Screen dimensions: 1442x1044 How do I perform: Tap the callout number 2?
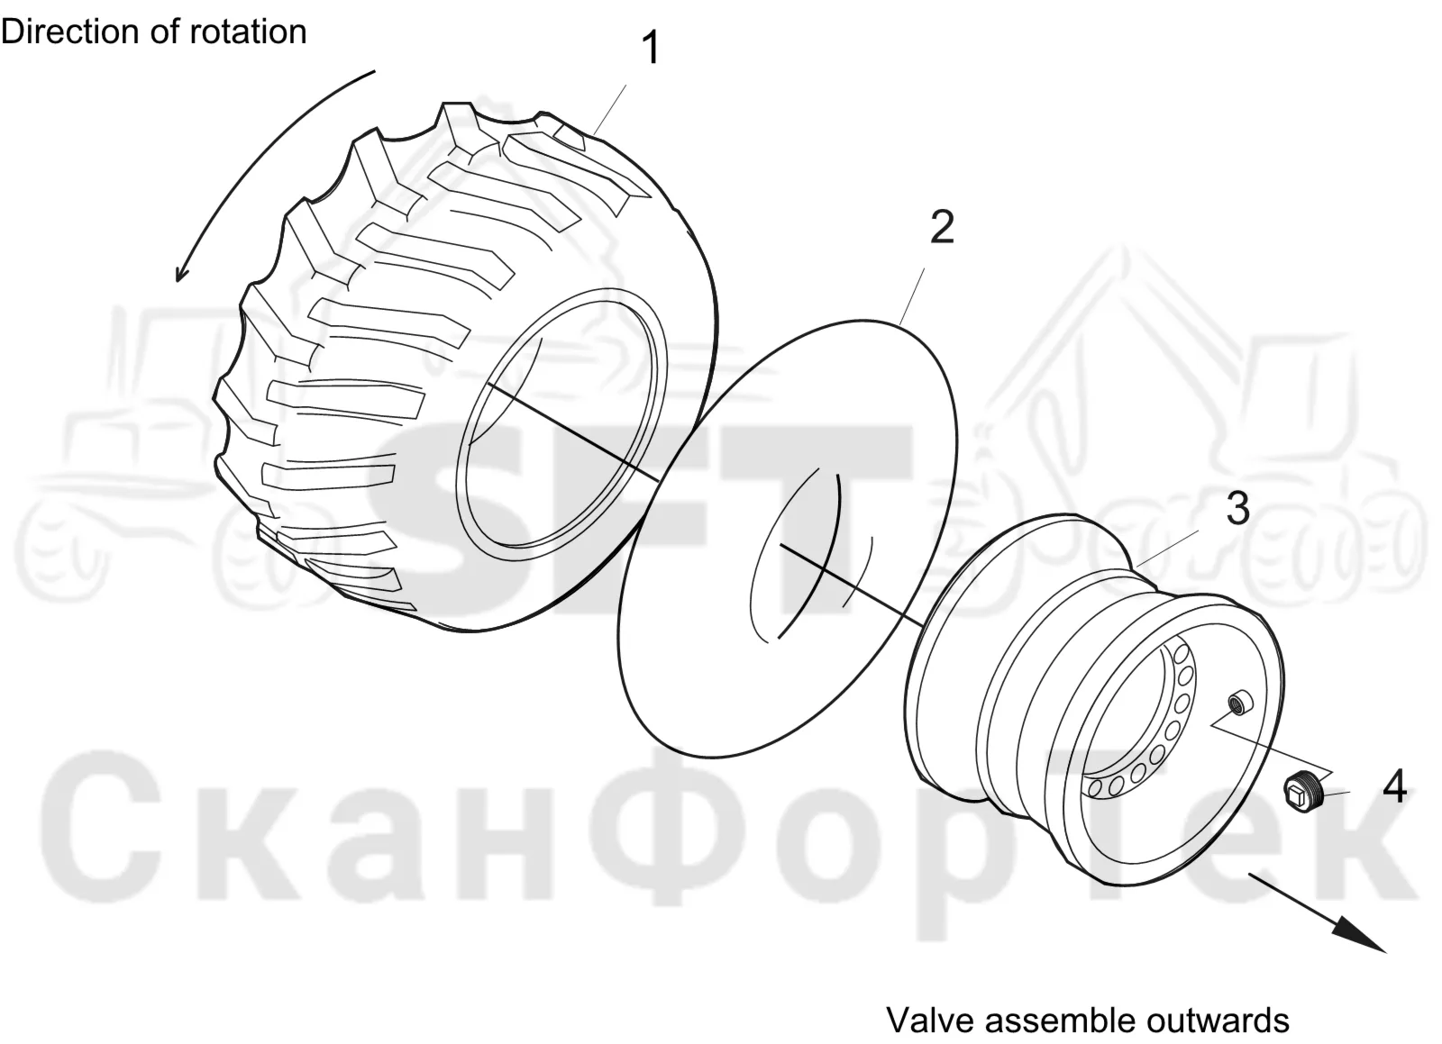pyautogui.click(x=942, y=226)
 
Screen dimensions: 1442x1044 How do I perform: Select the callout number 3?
pyautogui.click(x=1237, y=508)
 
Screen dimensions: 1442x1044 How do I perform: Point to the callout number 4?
pyautogui.click(x=1394, y=786)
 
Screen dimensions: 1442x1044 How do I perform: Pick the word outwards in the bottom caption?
pyautogui.click(x=1216, y=1021)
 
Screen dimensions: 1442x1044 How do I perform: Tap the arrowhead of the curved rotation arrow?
pyautogui.click(x=181, y=272)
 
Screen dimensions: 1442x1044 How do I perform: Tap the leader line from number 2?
pyautogui.click(x=912, y=295)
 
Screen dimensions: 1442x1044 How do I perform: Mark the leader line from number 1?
pyautogui.click(x=609, y=109)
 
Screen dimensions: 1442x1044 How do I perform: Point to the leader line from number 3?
pyautogui.click(x=1166, y=549)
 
